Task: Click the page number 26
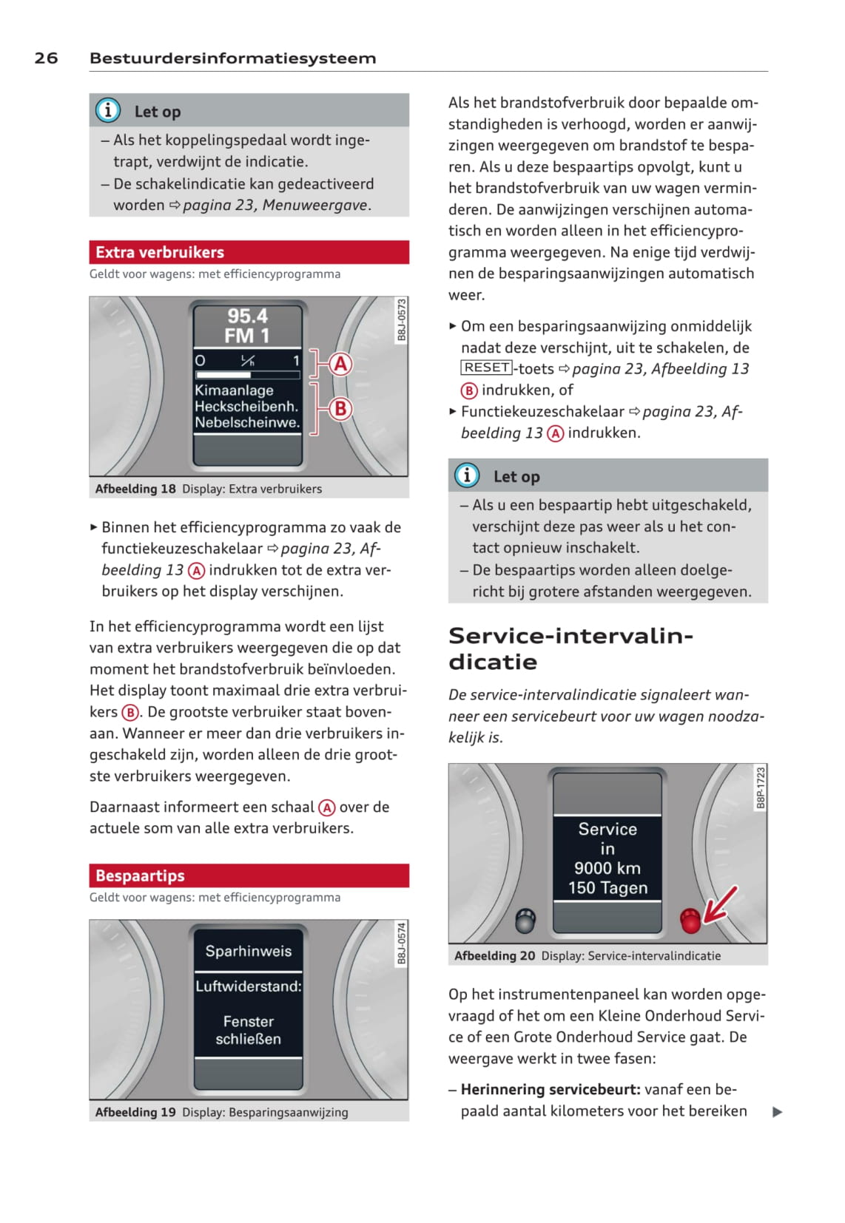pyautogui.click(x=46, y=58)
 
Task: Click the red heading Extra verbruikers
pyautogui.click(x=160, y=252)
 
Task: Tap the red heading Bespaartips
pyautogui.click(x=140, y=875)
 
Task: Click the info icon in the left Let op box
pyautogui.click(x=108, y=111)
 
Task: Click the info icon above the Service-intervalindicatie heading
pyautogui.click(x=467, y=475)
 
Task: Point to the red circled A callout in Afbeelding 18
pyautogui.click(x=340, y=364)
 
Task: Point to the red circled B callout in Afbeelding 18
pyautogui.click(x=340, y=408)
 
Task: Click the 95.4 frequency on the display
pyautogui.click(x=247, y=316)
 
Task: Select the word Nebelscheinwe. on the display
pyautogui.click(x=247, y=423)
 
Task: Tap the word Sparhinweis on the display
pyautogui.click(x=249, y=951)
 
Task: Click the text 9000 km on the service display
pyautogui.click(x=607, y=868)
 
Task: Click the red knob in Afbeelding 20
pyautogui.click(x=690, y=921)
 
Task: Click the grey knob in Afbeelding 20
pyautogui.click(x=525, y=921)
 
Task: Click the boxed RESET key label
pyautogui.click(x=487, y=367)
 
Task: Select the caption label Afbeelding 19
pyautogui.click(x=135, y=1112)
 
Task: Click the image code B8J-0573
pyautogui.click(x=402, y=319)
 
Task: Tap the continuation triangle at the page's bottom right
pyautogui.click(x=777, y=1112)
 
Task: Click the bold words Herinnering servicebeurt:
pyautogui.click(x=550, y=1089)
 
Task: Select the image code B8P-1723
pyautogui.click(x=761, y=787)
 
